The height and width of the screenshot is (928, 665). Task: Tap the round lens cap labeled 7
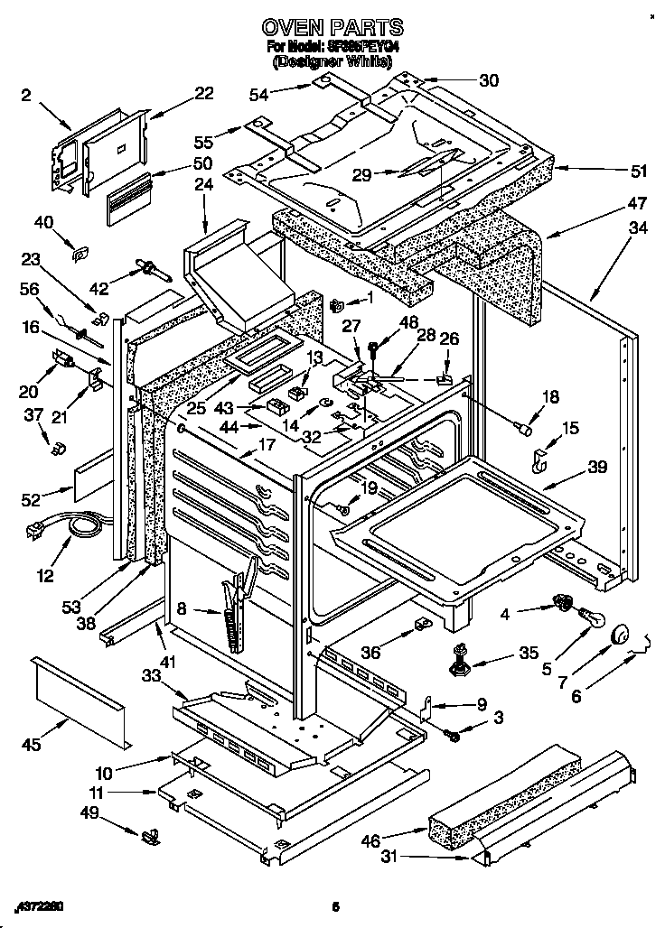[x=619, y=636]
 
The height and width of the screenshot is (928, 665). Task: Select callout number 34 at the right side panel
[x=637, y=227]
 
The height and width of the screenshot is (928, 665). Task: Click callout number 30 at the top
[x=488, y=80]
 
